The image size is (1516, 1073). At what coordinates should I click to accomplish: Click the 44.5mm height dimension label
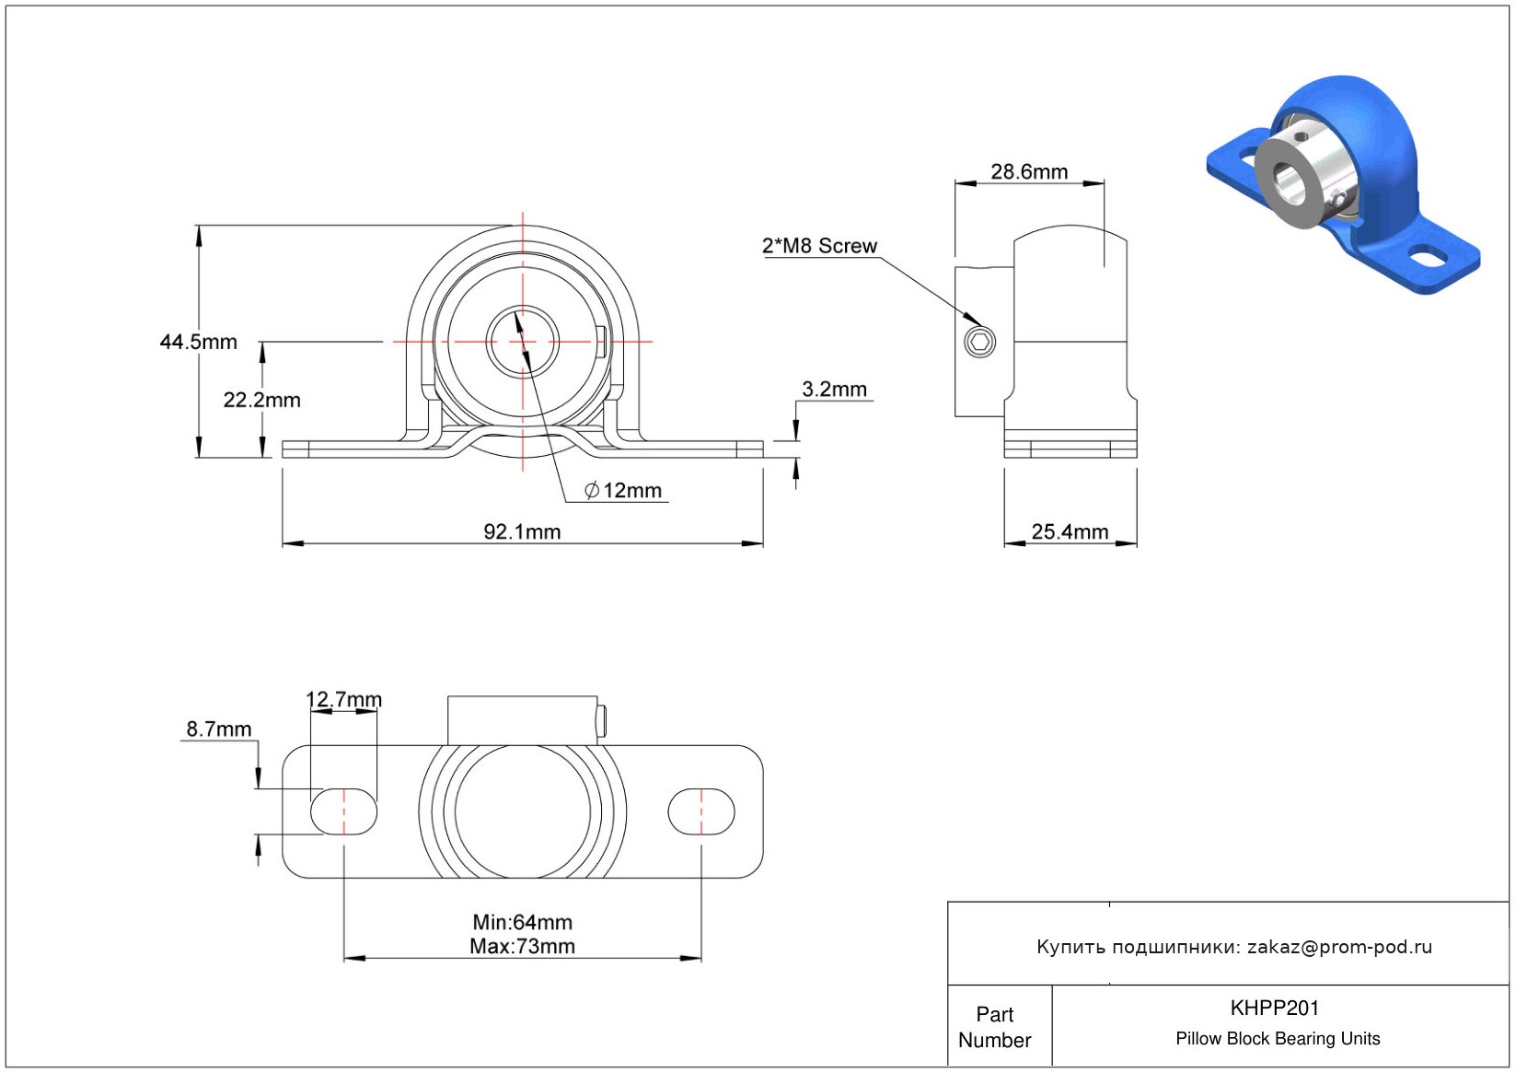click(x=198, y=342)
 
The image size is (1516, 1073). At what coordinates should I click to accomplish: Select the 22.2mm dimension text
click(x=261, y=400)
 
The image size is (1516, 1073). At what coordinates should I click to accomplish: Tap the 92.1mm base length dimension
click(x=522, y=531)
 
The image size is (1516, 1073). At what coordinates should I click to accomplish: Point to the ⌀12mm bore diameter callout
click(x=624, y=490)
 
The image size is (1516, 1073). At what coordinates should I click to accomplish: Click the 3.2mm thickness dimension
click(x=834, y=389)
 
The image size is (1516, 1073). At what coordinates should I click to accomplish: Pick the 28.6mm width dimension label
click(x=1029, y=171)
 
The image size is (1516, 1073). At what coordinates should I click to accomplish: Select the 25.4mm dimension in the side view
click(x=1070, y=531)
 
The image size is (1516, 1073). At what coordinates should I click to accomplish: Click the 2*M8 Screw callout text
click(x=819, y=246)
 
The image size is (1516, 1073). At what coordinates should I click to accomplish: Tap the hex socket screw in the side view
click(x=979, y=343)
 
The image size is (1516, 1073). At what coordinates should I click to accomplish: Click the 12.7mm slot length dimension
click(x=343, y=699)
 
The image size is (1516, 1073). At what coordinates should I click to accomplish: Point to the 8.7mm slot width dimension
click(x=219, y=729)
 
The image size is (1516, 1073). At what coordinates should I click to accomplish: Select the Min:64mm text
click(x=522, y=922)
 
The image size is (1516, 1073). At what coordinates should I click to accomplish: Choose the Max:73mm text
click(x=522, y=946)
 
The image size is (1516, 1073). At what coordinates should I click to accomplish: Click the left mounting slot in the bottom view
click(x=343, y=811)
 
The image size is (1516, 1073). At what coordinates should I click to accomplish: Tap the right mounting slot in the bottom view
click(x=701, y=811)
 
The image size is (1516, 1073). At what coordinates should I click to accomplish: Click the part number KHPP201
click(x=1275, y=1008)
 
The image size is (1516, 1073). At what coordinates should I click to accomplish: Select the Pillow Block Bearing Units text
click(x=1278, y=1038)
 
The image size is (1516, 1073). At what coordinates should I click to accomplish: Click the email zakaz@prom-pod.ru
click(x=1339, y=947)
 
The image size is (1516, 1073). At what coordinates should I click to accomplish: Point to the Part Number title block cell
click(x=995, y=1027)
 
